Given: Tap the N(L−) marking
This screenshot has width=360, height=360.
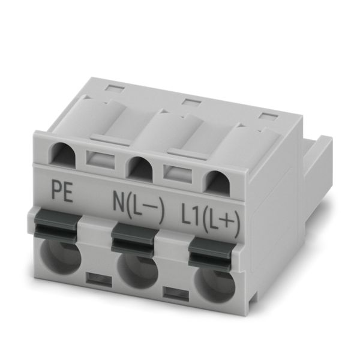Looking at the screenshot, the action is point(138,208).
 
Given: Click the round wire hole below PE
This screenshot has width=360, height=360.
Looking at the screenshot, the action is point(61,257).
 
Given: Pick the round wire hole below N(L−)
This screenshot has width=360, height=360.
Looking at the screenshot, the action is point(137,271).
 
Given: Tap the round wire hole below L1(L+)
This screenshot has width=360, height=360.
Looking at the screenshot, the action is point(215,284).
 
